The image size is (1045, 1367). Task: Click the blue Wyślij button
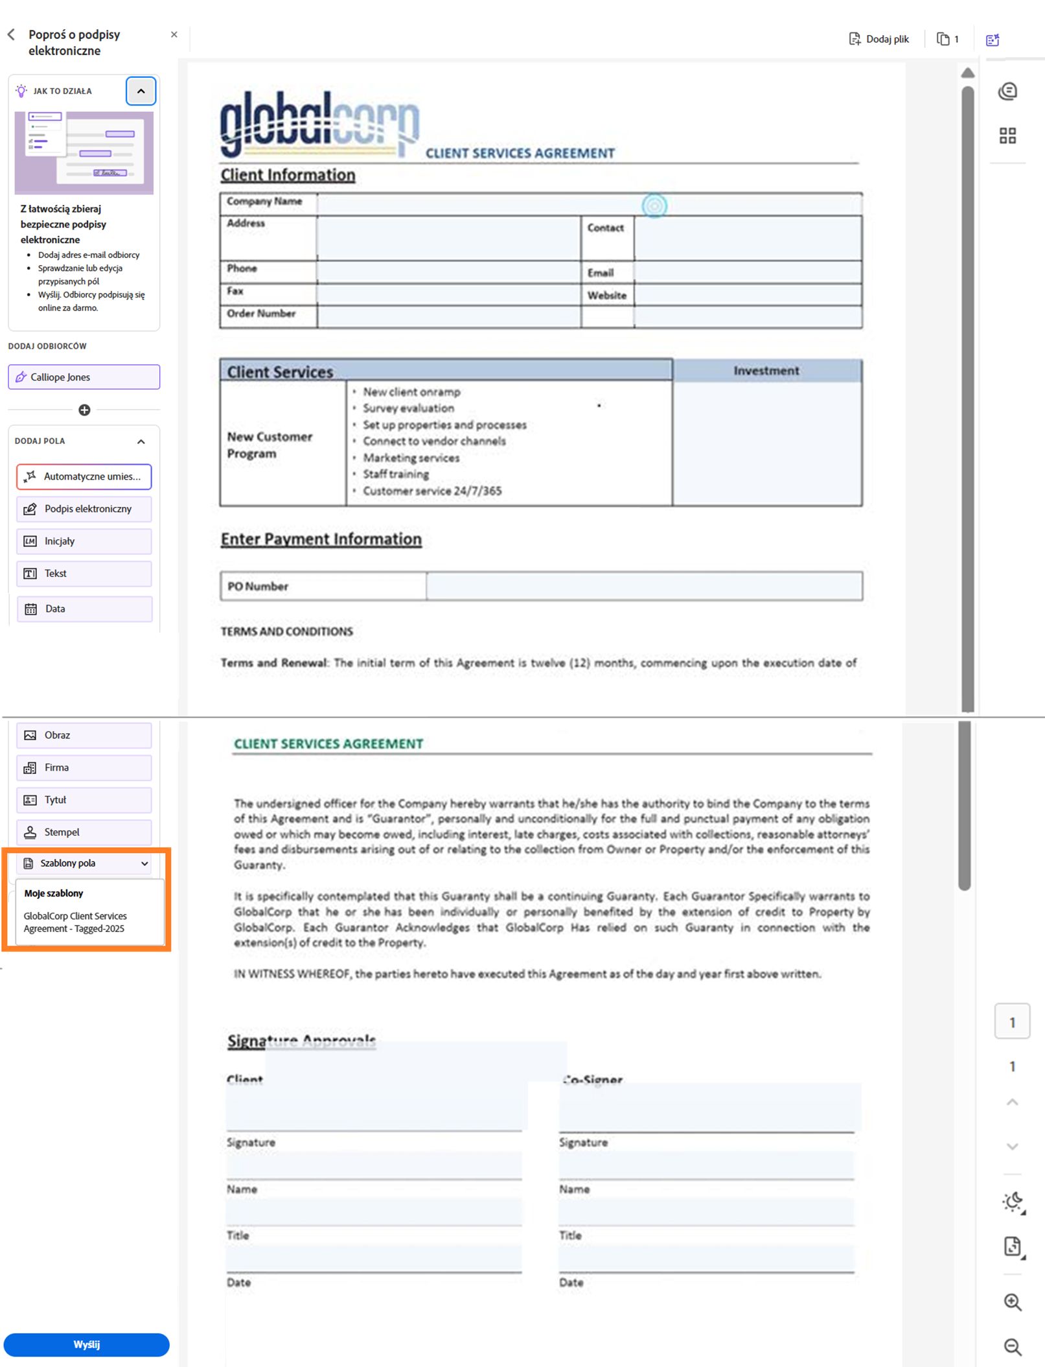tap(86, 1344)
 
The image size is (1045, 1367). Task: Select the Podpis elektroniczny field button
tap(84, 509)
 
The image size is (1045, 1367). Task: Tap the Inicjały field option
tap(84, 541)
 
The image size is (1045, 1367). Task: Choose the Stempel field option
tap(84, 832)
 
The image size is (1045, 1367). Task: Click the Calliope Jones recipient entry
tap(84, 377)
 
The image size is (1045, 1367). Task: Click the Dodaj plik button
tap(879, 40)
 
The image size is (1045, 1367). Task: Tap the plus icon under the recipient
tap(84, 410)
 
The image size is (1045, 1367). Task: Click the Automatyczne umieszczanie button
tap(84, 476)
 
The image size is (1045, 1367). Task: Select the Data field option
tap(84, 609)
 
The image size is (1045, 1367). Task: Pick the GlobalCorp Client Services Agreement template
tap(75, 922)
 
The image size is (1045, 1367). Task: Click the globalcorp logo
tap(319, 124)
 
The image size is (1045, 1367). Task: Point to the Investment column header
tap(766, 371)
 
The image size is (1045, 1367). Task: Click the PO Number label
tap(258, 587)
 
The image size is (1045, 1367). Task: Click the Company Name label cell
tap(264, 202)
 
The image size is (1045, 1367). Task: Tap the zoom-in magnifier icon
tap(1013, 1302)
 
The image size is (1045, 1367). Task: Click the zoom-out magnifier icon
tap(1013, 1347)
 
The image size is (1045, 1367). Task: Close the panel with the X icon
tap(174, 34)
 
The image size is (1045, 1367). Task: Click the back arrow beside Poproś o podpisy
tap(11, 34)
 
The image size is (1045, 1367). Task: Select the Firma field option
tap(84, 767)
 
